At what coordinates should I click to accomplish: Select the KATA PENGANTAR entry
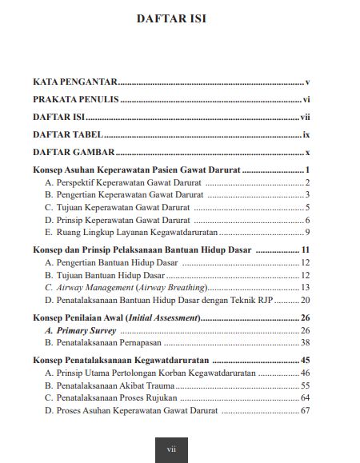click(x=75, y=82)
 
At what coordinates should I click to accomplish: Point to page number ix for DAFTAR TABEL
click(x=306, y=134)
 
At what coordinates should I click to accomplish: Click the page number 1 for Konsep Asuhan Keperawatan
click(x=307, y=170)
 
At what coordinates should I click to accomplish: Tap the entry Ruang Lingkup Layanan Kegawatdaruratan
click(x=128, y=232)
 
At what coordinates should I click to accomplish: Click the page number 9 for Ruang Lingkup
click(x=307, y=232)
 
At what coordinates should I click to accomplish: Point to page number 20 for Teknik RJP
click(x=305, y=300)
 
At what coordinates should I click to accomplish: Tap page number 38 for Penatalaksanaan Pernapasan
click(x=305, y=342)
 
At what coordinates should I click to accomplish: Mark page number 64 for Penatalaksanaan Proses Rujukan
click(x=305, y=397)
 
